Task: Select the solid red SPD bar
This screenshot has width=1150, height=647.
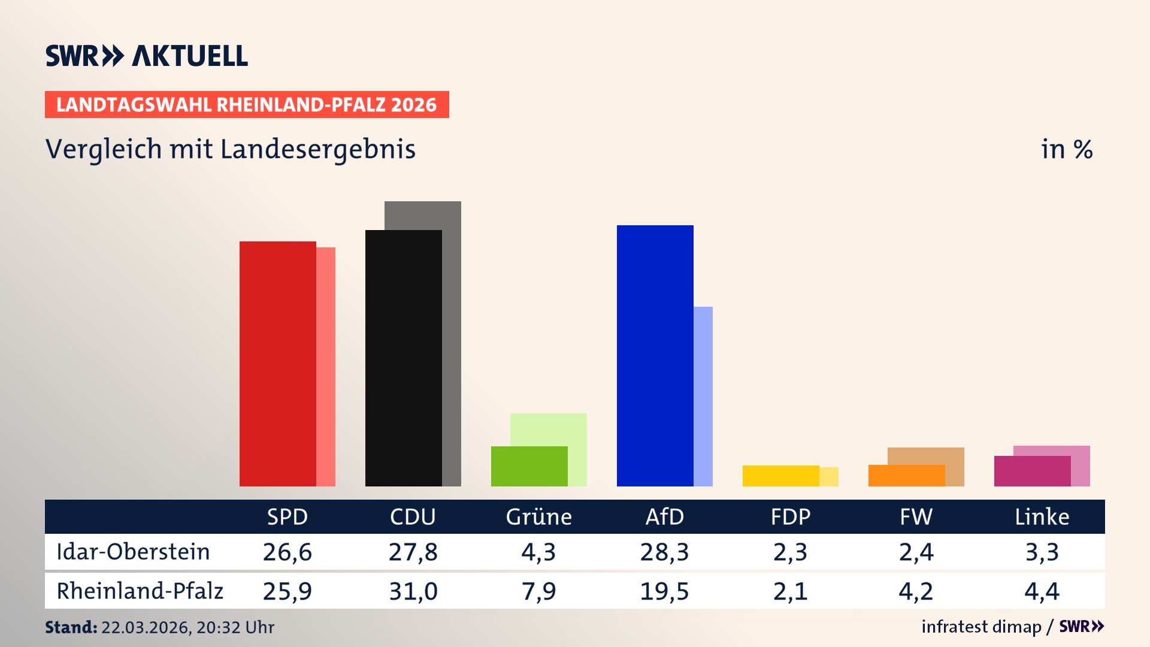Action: tap(277, 364)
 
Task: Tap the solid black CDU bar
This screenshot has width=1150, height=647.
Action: tap(403, 358)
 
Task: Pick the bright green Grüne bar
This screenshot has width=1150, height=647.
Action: tap(529, 466)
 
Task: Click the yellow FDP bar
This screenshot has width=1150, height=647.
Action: tap(780, 476)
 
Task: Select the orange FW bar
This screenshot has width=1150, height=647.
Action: tap(906, 476)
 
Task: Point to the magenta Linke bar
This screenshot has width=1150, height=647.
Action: tap(1032, 471)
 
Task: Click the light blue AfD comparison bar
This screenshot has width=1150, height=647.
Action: tap(703, 395)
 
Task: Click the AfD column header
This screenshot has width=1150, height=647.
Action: tap(664, 516)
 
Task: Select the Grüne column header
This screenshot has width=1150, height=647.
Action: tap(538, 516)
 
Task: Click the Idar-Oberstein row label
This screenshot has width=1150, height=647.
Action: tap(133, 552)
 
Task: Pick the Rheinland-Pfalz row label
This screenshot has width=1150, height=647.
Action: tap(140, 591)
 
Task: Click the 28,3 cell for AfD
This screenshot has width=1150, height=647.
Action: tap(664, 552)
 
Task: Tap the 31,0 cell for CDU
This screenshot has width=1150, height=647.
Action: tap(413, 591)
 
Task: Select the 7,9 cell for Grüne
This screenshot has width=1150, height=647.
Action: tap(538, 591)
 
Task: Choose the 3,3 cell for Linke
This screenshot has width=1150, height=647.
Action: tap(1042, 552)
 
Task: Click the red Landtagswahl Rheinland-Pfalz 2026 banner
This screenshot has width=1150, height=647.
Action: tap(247, 104)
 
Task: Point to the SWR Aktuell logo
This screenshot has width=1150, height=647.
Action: tap(147, 56)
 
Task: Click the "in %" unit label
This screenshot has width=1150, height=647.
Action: tap(1066, 149)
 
